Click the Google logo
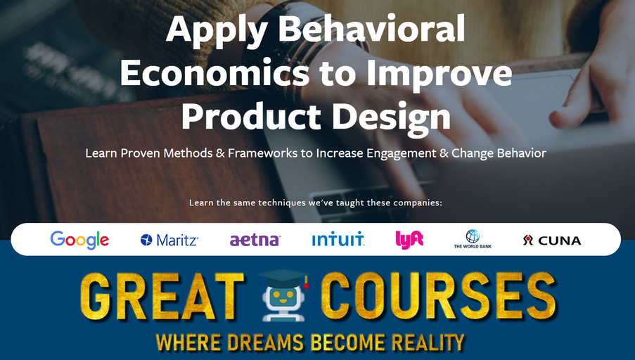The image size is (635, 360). (x=79, y=240)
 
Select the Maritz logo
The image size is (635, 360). (x=169, y=240)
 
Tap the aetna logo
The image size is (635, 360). (x=255, y=240)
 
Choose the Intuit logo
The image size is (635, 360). (x=338, y=240)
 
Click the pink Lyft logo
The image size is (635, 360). (x=409, y=240)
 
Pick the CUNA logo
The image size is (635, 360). (x=552, y=240)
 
